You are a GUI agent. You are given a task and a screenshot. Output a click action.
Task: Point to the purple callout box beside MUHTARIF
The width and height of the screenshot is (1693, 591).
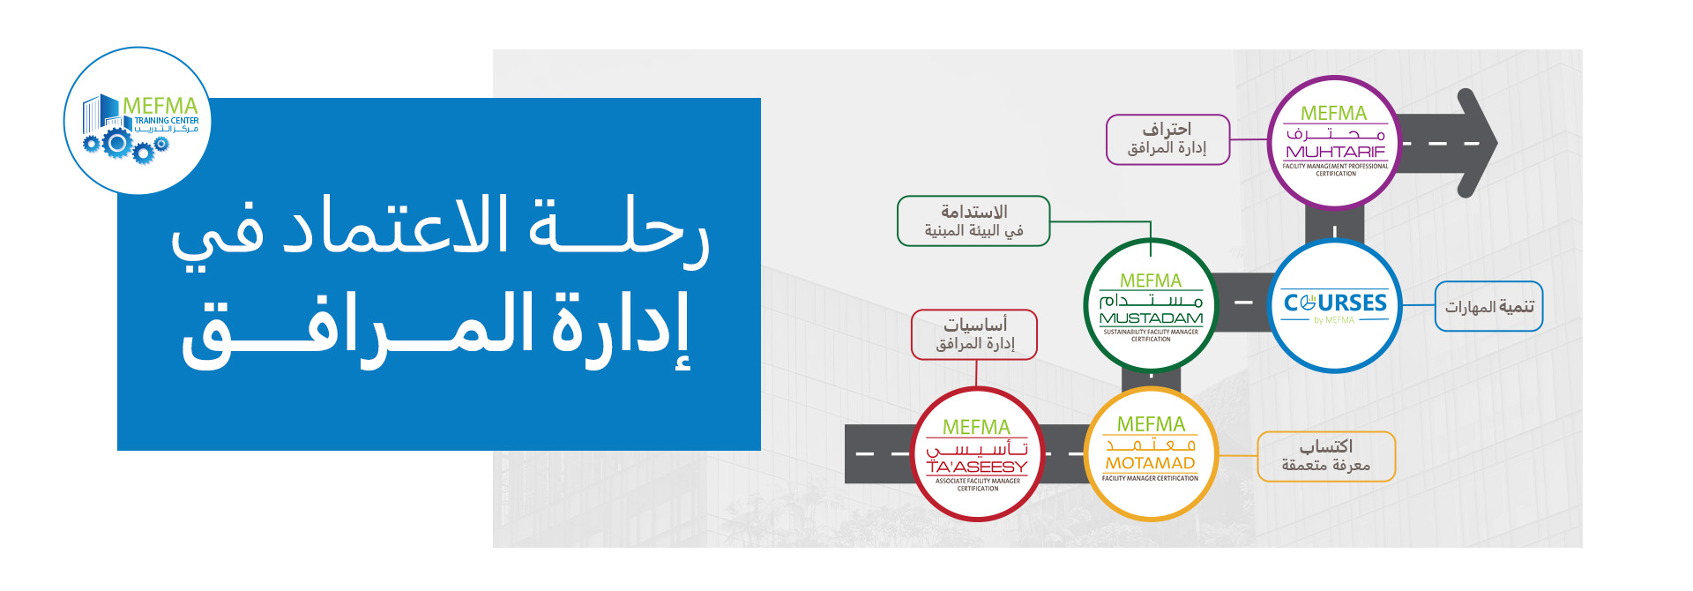pos(1168,139)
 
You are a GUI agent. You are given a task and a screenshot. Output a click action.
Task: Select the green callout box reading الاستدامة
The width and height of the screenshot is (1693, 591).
pos(973,221)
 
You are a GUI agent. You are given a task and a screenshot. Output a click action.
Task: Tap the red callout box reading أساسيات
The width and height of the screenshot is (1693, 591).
pos(974,334)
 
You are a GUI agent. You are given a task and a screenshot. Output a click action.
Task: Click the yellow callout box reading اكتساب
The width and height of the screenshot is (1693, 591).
pos(1326,456)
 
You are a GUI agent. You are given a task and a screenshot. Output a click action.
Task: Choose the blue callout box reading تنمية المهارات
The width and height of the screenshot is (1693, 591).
pos(1488,306)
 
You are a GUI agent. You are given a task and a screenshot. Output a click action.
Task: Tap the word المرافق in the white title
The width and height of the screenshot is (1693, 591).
pos(358,329)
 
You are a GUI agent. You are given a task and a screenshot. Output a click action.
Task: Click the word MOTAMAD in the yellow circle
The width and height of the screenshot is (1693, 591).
pos(1151,463)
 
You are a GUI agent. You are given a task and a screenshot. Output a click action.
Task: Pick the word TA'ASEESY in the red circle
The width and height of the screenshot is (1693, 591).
pos(977,467)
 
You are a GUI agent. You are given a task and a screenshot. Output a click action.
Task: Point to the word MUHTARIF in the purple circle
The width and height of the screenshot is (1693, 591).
pos(1335,152)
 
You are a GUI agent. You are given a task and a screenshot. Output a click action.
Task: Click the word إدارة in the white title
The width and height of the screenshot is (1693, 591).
pos(621,329)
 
